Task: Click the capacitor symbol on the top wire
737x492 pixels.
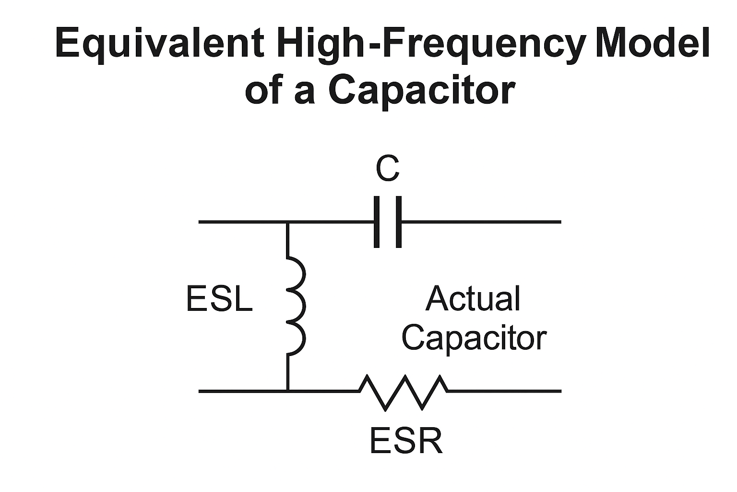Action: point(387,222)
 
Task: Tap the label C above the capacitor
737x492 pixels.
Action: point(387,169)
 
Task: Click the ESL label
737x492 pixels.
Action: point(219,299)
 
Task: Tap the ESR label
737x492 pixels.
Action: point(406,441)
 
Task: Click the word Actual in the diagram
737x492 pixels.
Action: point(473,299)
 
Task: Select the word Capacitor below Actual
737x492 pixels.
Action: point(474,338)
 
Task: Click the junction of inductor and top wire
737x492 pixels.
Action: point(287,222)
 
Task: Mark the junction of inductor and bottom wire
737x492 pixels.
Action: point(287,391)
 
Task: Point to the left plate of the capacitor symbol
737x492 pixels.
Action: point(377,222)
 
